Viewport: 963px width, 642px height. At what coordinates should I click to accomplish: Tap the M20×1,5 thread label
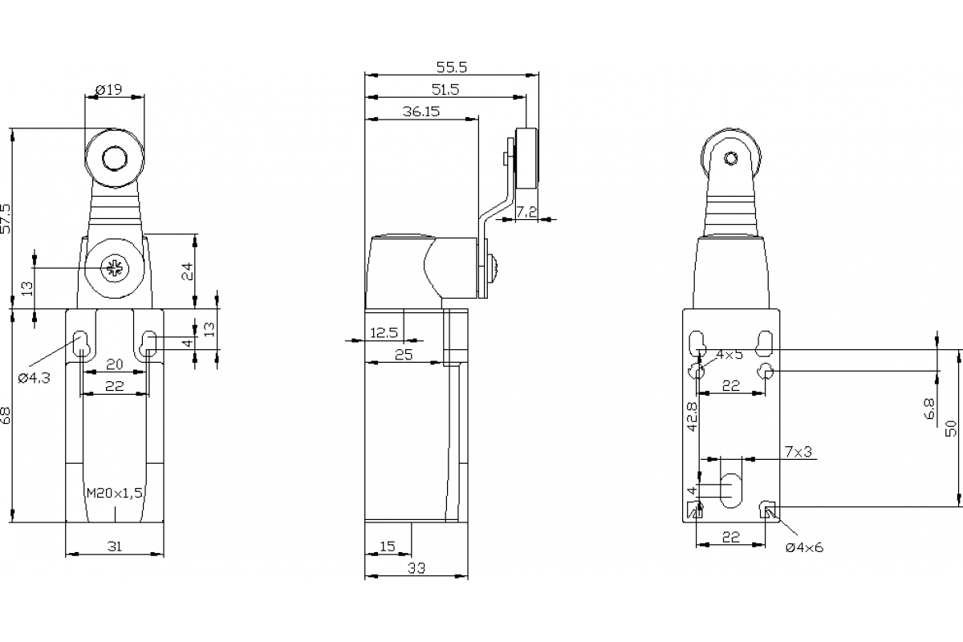coord(114,493)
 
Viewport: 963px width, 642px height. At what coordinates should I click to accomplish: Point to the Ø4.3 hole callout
coord(35,377)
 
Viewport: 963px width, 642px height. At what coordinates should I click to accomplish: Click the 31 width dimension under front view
coord(115,547)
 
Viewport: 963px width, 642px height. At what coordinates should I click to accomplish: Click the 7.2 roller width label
coord(526,211)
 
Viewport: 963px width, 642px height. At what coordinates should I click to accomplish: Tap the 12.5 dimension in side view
coord(384,332)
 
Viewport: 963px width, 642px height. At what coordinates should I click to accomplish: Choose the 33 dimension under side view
coord(416,568)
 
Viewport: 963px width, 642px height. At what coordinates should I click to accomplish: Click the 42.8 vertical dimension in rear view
coord(692,416)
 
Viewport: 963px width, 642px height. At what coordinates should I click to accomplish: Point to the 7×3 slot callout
coord(798,453)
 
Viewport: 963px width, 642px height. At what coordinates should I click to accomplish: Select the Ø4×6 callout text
coord(804,547)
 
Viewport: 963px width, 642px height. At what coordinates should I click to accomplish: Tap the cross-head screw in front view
coord(113,268)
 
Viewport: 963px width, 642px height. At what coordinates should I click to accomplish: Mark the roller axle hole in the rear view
coord(731,158)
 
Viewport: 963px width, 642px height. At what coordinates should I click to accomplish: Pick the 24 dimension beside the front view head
coord(187,270)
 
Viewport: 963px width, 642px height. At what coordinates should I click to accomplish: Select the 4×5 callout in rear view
coord(729,354)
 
